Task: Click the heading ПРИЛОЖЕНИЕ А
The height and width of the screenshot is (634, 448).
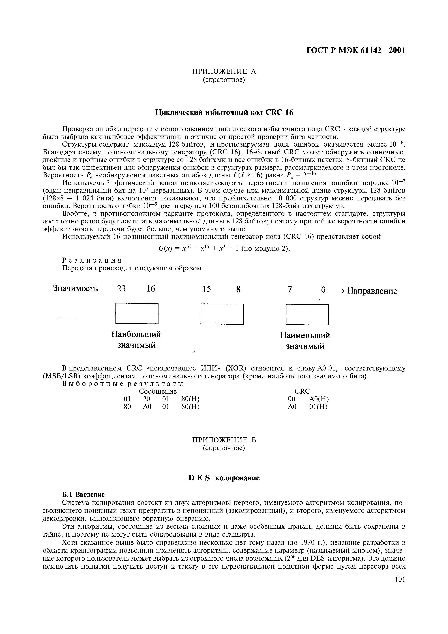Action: click(x=224, y=72)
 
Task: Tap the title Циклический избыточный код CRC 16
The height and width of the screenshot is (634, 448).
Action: click(x=224, y=112)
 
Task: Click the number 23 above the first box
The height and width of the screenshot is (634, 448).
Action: click(x=121, y=289)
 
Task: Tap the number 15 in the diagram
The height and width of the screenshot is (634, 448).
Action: click(x=207, y=289)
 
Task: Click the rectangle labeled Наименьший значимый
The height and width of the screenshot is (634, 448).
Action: click(x=307, y=314)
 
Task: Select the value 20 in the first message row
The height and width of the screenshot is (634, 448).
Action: click(x=147, y=399)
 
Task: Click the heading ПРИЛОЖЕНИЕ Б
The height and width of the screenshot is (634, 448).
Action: click(x=224, y=440)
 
